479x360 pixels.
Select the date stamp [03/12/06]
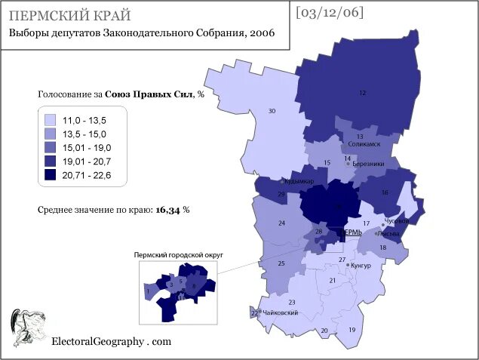[330, 12]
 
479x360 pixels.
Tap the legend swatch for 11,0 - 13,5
[51, 120]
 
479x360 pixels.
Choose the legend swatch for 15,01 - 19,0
[51, 148]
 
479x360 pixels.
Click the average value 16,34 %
[172, 210]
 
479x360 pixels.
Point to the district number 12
[362, 92]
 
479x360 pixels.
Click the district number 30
[272, 112]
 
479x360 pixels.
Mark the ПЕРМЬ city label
[352, 232]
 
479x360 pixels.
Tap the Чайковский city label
[279, 312]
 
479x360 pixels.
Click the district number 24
[281, 223]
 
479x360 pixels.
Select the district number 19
[352, 331]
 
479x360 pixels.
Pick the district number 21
[332, 281]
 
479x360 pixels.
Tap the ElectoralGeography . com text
[111, 341]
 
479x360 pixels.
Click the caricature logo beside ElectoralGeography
[27, 328]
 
